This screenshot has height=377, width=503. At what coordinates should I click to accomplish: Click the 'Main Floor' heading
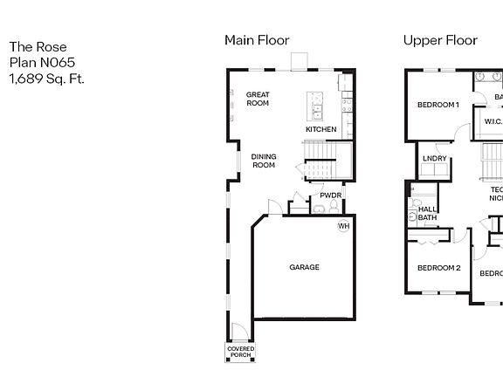tap(257, 40)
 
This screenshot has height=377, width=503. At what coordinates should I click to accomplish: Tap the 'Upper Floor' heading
tap(440, 40)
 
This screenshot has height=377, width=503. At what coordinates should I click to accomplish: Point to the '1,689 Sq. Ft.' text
tap(46, 79)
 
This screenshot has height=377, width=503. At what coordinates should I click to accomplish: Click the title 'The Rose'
tap(38, 47)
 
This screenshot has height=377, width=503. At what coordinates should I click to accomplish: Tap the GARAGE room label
tap(304, 267)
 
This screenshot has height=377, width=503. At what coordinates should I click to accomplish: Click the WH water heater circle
tap(344, 226)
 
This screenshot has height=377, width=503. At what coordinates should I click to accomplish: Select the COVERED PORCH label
tap(241, 352)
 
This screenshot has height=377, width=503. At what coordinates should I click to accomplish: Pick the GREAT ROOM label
tap(257, 99)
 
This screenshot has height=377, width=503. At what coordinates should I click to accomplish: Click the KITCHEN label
tap(320, 130)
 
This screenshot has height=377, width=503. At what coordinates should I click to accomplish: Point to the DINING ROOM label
tap(264, 161)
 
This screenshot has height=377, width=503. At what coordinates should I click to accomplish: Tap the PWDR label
tap(329, 195)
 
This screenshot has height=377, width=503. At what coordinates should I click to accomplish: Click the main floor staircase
tap(325, 162)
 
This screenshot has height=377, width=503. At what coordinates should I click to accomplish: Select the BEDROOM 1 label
tap(438, 105)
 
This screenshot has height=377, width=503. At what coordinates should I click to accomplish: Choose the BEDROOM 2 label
tap(438, 267)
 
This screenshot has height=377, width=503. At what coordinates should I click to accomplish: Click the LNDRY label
tap(434, 158)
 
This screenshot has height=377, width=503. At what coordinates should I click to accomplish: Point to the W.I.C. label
tap(493, 122)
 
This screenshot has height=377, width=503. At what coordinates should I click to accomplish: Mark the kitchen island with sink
tap(314, 106)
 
